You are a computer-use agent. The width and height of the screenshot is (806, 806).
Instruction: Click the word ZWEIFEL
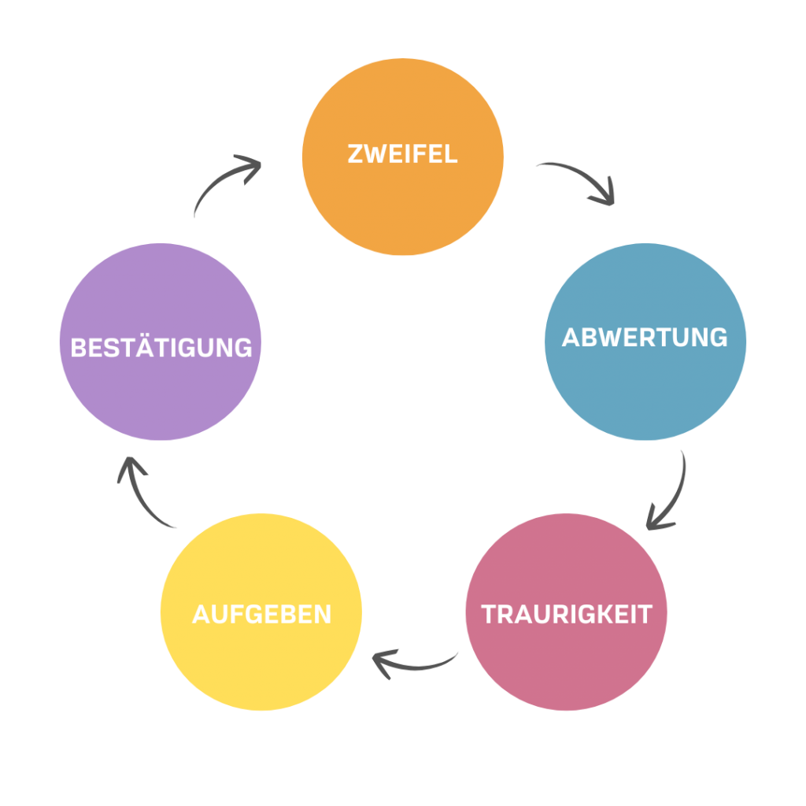pos(402,153)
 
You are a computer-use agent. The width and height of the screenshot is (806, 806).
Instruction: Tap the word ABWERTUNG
pos(645,338)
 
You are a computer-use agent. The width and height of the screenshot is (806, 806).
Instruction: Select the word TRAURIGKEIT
pos(567,614)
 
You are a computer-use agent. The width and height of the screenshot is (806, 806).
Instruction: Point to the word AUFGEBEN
pos(261,614)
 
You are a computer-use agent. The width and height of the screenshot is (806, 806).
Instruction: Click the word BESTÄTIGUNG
pos(161,347)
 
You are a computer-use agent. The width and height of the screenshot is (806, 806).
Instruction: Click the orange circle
pos(402,205)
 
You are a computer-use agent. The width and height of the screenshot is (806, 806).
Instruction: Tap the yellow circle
pos(261,669)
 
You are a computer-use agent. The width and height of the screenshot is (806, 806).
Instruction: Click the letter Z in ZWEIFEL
pos(355,153)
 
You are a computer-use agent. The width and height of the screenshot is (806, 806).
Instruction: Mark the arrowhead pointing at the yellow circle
pos(381,663)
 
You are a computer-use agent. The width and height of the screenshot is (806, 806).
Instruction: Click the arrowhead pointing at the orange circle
pos(250,167)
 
